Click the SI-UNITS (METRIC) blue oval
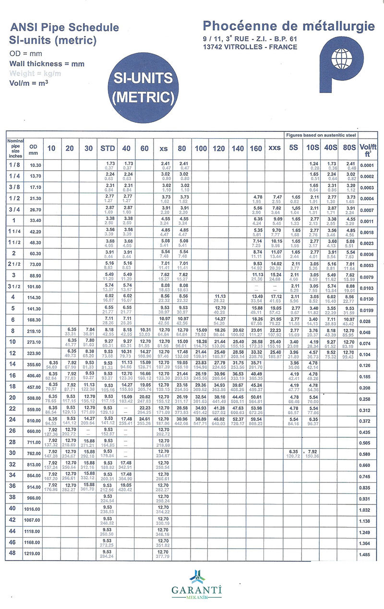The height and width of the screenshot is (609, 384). [x=143, y=87]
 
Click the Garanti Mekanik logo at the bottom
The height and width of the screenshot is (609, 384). [x=192, y=585]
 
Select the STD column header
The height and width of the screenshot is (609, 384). [x=108, y=148]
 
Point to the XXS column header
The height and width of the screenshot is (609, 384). [x=275, y=148]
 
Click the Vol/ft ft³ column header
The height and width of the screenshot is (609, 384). [x=368, y=149]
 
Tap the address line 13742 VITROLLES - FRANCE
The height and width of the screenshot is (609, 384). [x=250, y=47]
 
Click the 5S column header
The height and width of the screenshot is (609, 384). [x=293, y=148]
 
